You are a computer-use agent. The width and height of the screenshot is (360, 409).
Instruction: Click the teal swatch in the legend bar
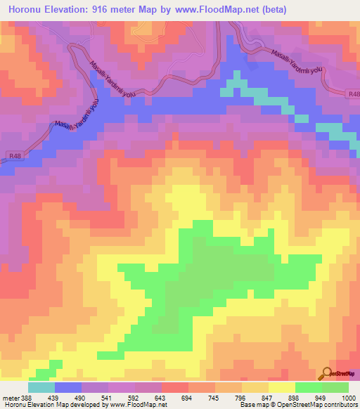tap(41, 387)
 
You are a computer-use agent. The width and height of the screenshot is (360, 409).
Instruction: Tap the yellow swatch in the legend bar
tap(282, 387)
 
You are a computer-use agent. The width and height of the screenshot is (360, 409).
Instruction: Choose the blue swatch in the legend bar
tap(68, 387)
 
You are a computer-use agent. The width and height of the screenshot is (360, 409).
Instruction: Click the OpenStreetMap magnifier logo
tap(326, 373)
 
